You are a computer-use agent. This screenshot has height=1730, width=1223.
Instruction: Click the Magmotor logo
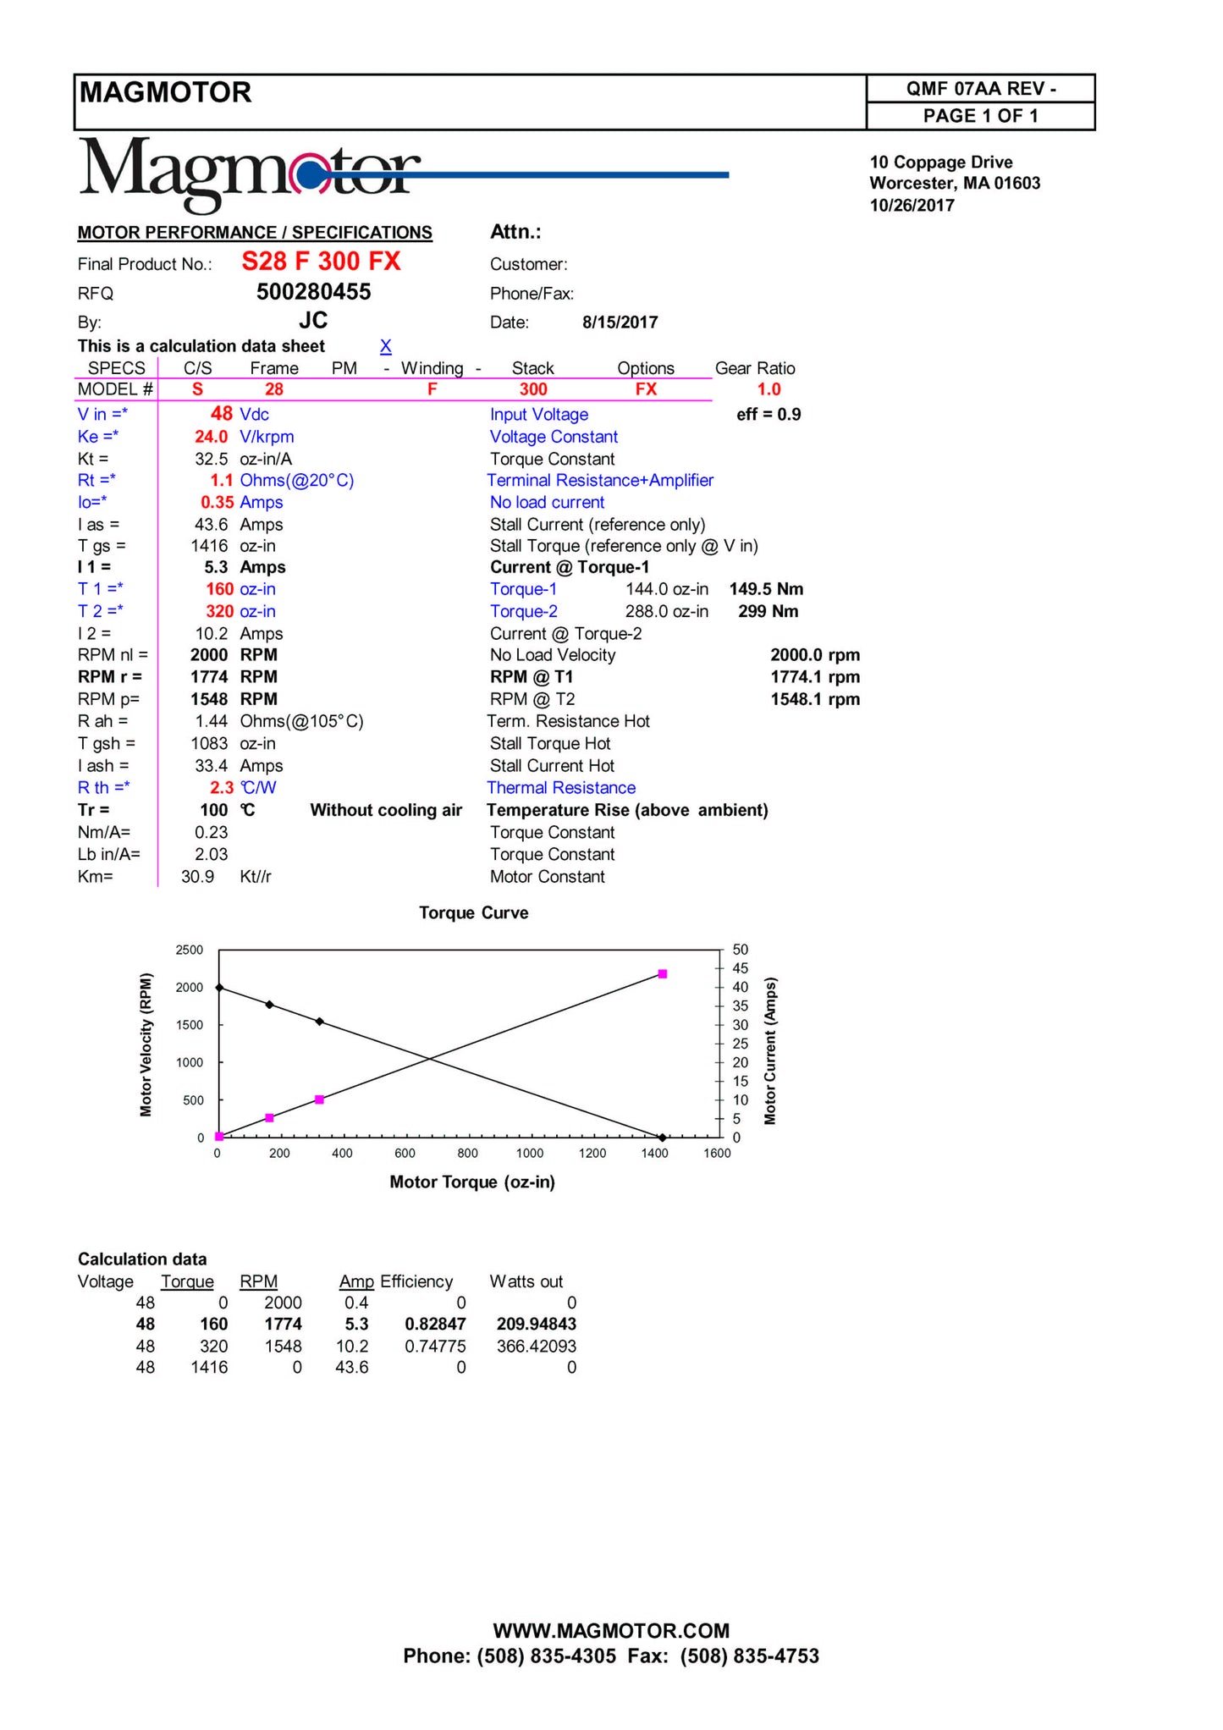[x=250, y=174]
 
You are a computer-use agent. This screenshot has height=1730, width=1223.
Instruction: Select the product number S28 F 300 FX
[x=321, y=262]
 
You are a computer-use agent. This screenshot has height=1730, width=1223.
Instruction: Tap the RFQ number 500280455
[x=313, y=292]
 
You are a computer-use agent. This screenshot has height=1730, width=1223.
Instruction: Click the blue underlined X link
[x=385, y=346]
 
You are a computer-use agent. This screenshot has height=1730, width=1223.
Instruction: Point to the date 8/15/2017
[x=620, y=322]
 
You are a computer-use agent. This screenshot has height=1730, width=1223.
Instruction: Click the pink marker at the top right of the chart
[x=663, y=974]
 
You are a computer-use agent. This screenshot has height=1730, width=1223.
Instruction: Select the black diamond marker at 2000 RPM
[x=219, y=988]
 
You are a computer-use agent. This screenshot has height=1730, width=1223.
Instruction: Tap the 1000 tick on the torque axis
[x=530, y=1153]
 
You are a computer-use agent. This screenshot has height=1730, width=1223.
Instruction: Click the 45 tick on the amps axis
[x=741, y=968]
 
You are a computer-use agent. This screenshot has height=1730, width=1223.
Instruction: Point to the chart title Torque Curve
[x=473, y=913]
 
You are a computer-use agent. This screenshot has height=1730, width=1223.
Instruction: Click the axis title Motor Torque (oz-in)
[x=472, y=1182]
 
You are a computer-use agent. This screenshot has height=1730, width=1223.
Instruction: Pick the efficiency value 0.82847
[x=435, y=1325]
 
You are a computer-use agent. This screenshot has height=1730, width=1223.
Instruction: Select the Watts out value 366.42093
[x=536, y=1347]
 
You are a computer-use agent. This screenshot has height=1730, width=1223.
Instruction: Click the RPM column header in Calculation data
[x=258, y=1282]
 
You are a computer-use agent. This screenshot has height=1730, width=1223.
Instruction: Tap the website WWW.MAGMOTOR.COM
[x=611, y=1631]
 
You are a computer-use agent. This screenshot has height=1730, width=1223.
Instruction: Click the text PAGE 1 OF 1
[x=980, y=116]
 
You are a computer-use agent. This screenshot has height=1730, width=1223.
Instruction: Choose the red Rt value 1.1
[x=221, y=481]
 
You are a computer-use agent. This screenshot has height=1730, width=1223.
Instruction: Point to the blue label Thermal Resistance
[x=561, y=788]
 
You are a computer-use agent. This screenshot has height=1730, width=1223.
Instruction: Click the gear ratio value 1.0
[x=769, y=389]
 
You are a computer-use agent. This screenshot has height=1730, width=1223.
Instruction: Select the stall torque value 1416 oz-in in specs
[x=209, y=546]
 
